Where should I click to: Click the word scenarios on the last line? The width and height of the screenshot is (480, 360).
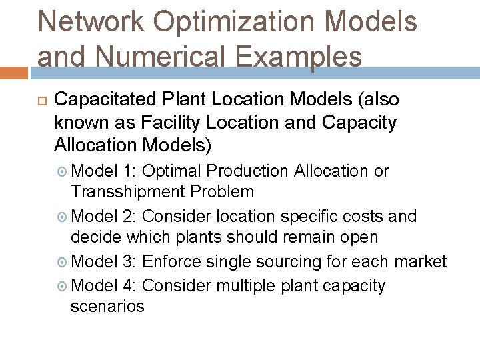coord(107,307)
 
